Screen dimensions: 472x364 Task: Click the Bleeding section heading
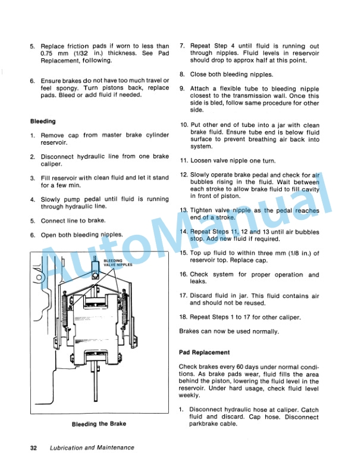43,121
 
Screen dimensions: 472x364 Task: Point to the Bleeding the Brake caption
98,424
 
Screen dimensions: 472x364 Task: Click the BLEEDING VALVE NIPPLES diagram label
117,263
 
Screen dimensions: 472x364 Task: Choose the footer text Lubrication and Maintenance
92,448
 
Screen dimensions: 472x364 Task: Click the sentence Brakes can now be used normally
228,331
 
